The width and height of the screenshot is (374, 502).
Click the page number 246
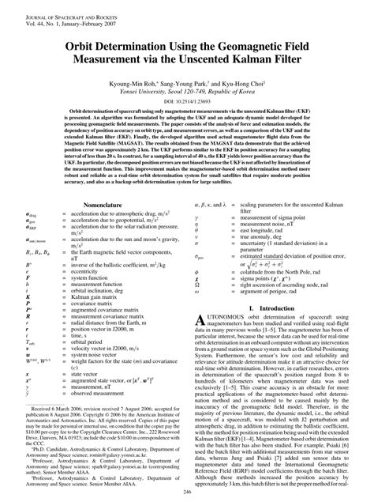coord(187,493)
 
